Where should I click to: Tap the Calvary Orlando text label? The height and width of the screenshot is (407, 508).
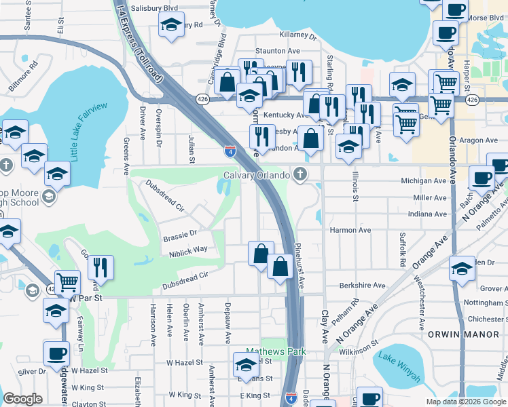click(x=258, y=176)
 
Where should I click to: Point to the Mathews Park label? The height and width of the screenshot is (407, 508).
click(x=276, y=351)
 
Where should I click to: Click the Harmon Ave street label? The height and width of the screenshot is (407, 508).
click(x=350, y=230)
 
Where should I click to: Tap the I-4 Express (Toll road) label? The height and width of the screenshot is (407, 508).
click(x=140, y=41)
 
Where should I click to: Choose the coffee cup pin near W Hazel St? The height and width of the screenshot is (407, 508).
click(x=56, y=353)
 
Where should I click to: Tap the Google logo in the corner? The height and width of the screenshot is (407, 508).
click(x=23, y=399)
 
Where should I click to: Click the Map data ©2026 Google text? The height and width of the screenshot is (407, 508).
click(x=467, y=402)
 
